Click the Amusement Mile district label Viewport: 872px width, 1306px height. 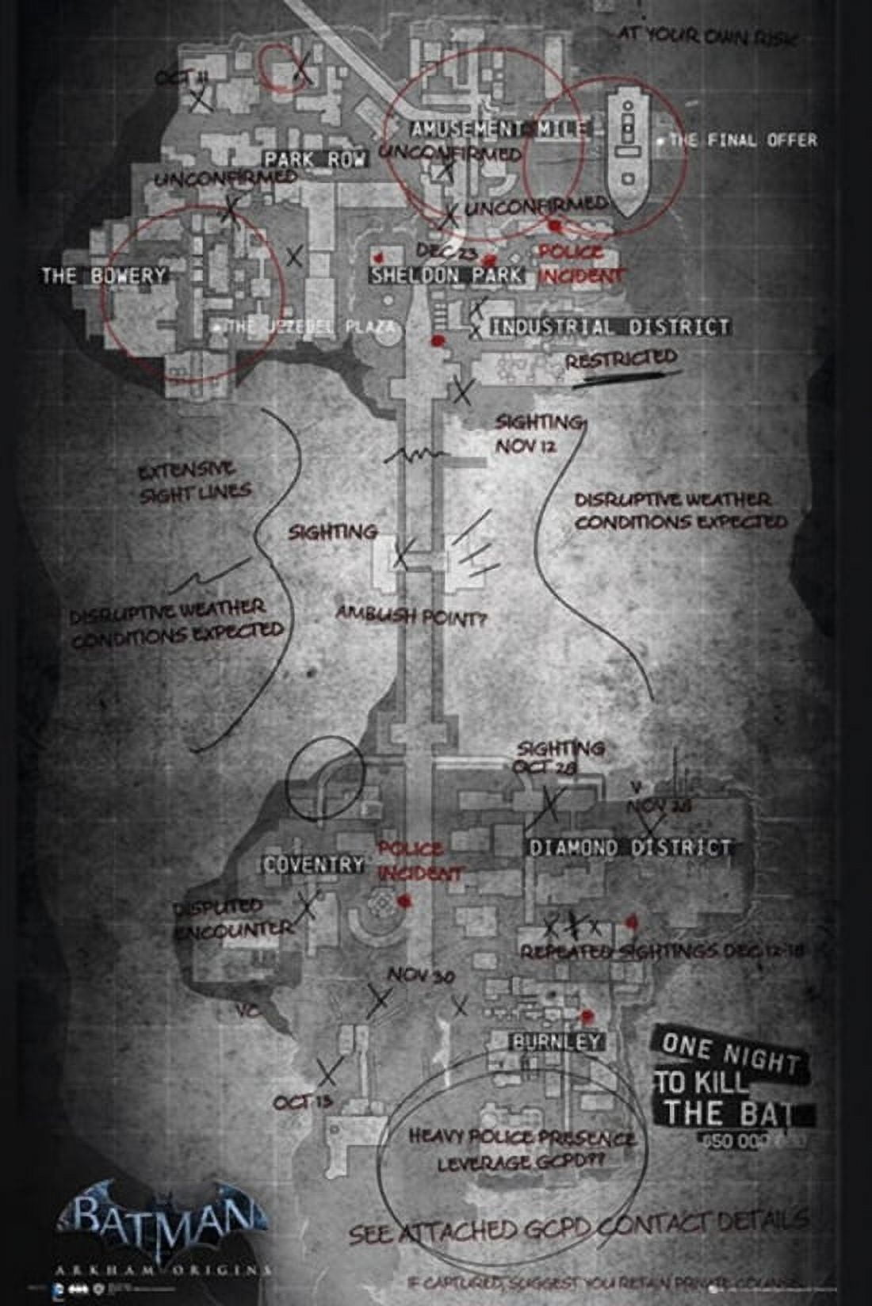coord(499,129)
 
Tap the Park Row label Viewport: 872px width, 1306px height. coord(316,159)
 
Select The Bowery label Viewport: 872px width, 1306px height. coord(105,276)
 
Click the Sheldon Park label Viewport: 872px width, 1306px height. coord(447,275)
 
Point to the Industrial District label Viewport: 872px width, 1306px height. coord(610,326)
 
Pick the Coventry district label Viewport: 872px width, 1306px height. coord(314,864)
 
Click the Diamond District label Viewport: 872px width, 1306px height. coord(629,847)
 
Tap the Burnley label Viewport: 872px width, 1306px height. coord(556,1041)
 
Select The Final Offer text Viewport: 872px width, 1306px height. coord(742,140)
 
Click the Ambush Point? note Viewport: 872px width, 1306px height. coord(410,616)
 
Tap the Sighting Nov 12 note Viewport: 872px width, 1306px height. coord(538,433)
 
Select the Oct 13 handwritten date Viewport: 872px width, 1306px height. coord(302,1102)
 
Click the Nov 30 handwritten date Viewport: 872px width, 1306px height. coord(420,976)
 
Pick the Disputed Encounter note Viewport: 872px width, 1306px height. coord(230,918)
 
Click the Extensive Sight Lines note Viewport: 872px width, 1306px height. coord(195,483)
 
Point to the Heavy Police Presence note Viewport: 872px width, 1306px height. coord(522,1149)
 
